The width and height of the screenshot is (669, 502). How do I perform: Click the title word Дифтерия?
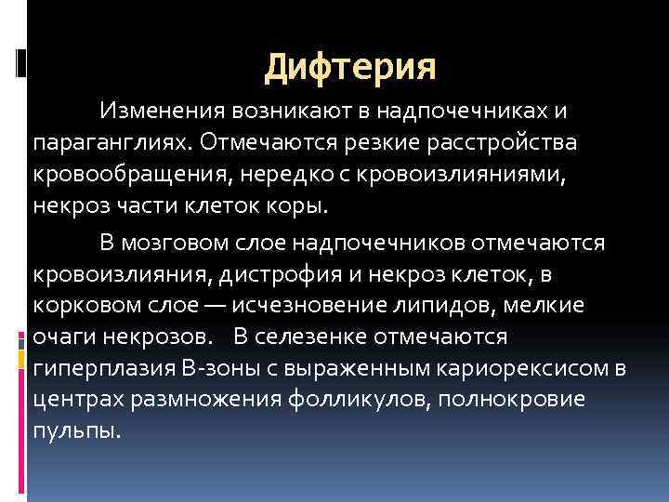coord(349,68)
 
